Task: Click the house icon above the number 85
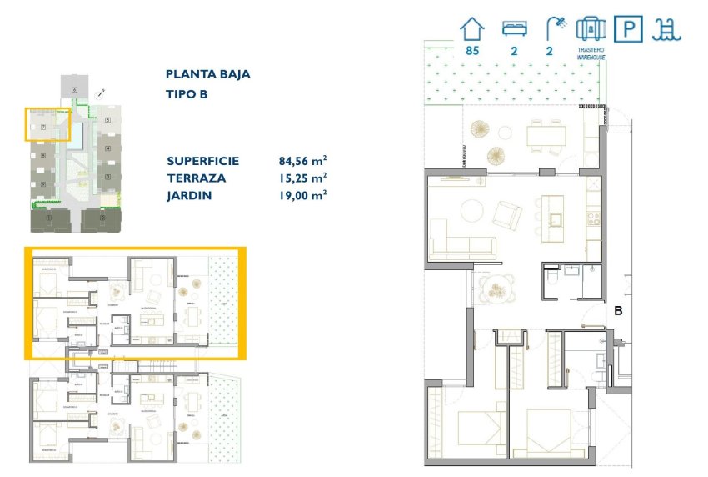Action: [472, 29]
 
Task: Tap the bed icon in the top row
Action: [514, 29]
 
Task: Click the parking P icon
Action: [627, 29]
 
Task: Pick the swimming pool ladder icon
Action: [667, 29]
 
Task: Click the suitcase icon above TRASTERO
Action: [591, 29]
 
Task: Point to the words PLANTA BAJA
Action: [208, 74]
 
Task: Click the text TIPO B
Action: [187, 94]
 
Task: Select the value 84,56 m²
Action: [302, 161]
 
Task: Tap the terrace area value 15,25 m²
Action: [302, 178]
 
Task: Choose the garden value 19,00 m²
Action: [302, 196]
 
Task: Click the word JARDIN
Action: [189, 196]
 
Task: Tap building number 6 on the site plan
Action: [74, 89]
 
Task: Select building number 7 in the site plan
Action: [42, 127]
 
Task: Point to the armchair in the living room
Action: [506, 216]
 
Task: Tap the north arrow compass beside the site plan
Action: [100, 92]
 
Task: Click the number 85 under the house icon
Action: [472, 51]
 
